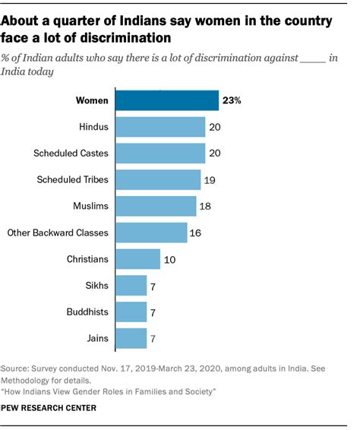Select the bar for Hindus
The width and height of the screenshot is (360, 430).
click(x=161, y=127)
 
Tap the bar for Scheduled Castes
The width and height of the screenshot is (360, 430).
click(x=161, y=153)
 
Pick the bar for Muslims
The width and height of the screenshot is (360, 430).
click(x=156, y=206)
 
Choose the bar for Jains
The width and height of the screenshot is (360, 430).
click(x=131, y=337)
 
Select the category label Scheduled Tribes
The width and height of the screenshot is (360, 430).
click(x=73, y=180)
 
